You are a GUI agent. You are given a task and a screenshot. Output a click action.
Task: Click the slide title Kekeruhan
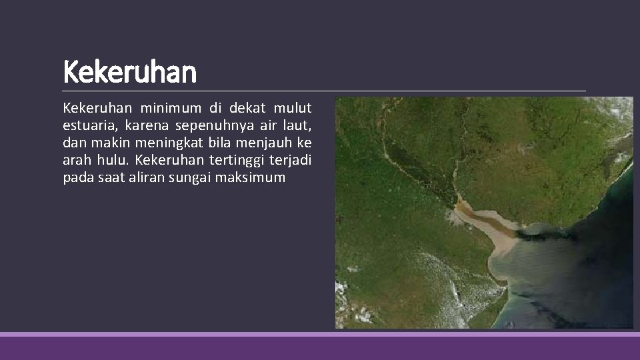pyautogui.click(x=130, y=73)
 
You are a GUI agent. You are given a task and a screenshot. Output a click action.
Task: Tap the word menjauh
pyautogui.click(x=267, y=143)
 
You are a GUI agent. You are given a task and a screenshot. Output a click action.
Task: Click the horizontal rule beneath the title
pyautogui.click(x=324, y=91)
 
